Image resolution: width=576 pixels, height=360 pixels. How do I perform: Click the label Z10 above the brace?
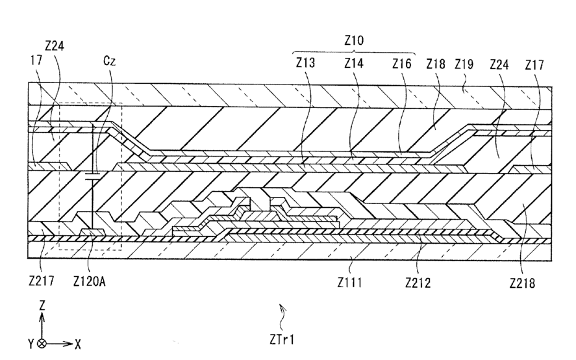pyautogui.click(x=354, y=40)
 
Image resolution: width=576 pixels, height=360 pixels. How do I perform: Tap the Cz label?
pyautogui.click(x=110, y=62)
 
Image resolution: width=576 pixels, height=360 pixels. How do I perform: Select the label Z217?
pyautogui.click(x=40, y=282)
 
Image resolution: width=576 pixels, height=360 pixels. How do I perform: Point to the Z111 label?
pyautogui.click(x=350, y=282)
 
